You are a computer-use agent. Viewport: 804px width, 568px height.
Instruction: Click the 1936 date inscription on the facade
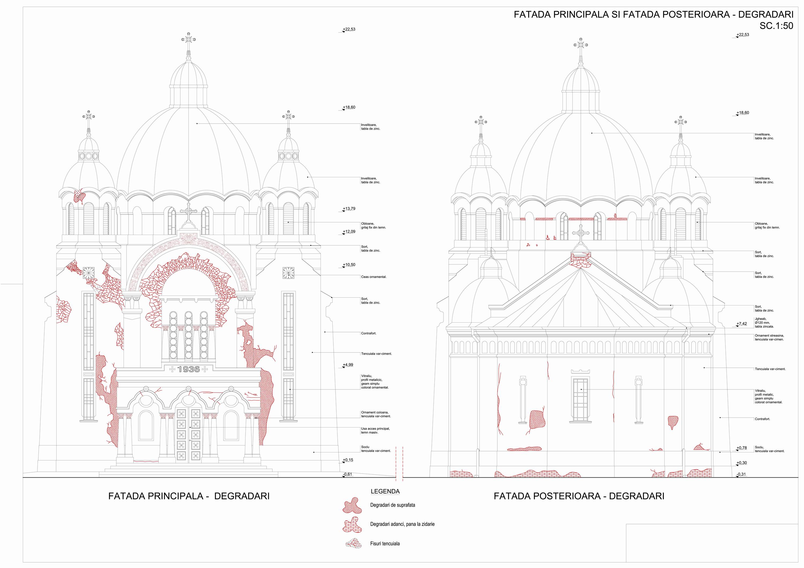[x=188, y=369]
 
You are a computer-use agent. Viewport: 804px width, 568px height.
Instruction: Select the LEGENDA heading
[x=385, y=491]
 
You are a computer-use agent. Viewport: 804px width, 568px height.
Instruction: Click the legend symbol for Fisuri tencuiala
[x=353, y=544]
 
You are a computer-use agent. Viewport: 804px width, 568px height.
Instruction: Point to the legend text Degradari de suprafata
[x=393, y=505]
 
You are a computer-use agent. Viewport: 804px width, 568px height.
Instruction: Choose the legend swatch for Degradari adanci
[x=352, y=524]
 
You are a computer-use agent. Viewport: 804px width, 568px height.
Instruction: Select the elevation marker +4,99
[x=348, y=365]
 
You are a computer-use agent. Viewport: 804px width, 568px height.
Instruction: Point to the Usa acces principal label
[x=375, y=430]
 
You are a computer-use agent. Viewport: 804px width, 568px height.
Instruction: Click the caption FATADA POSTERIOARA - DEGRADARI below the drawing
[x=579, y=496]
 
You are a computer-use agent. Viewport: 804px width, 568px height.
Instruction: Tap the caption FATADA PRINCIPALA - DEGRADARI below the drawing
[x=189, y=496]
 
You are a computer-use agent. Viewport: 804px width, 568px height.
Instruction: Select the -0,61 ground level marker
[x=348, y=474]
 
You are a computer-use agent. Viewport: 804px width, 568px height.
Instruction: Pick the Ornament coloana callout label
[x=376, y=414]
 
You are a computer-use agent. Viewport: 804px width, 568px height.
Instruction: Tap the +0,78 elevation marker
[x=741, y=448]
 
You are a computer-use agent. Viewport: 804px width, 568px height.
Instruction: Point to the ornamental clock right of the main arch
[x=288, y=273]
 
